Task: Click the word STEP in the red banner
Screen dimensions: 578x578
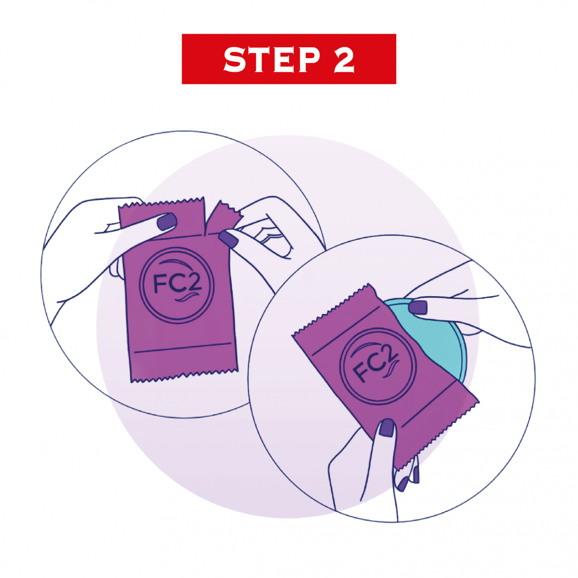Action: click(272, 59)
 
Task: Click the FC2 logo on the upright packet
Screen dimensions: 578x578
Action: click(177, 285)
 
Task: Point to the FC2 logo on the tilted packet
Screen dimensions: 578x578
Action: click(378, 366)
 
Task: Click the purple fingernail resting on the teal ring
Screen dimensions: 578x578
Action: click(418, 307)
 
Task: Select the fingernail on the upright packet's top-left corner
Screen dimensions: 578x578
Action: click(167, 222)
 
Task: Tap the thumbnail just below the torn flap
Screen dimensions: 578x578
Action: click(229, 239)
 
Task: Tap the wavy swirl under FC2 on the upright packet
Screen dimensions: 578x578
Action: click(188, 298)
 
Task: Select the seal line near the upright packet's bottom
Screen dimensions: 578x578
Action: click(183, 348)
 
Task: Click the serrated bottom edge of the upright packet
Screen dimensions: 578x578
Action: click(184, 376)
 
